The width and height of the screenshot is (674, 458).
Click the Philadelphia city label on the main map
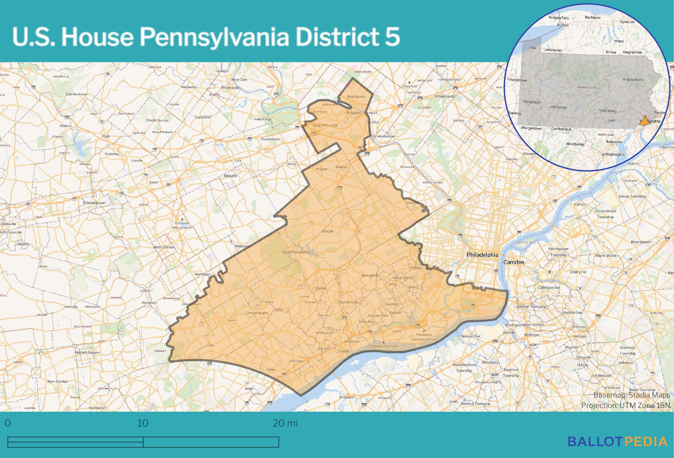point(482,255)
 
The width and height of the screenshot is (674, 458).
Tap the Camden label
point(514,262)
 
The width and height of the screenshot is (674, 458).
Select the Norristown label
point(356,96)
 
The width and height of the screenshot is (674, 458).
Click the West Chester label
point(164,247)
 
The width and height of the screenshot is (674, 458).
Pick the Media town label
point(321,288)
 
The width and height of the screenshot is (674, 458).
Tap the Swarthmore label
point(348,302)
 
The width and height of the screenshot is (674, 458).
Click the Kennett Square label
point(87,352)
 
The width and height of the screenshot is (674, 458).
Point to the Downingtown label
point(94,203)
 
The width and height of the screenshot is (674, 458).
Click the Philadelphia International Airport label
point(424,337)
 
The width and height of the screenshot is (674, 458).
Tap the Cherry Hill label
point(578,272)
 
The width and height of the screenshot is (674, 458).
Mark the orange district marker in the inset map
point(644,121)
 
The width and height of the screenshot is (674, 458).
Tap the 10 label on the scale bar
point(143,423)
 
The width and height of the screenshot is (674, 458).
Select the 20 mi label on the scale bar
point(285,423)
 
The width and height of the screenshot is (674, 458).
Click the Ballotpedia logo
point(617,442)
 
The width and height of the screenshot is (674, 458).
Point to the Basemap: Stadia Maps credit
point(631,395)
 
